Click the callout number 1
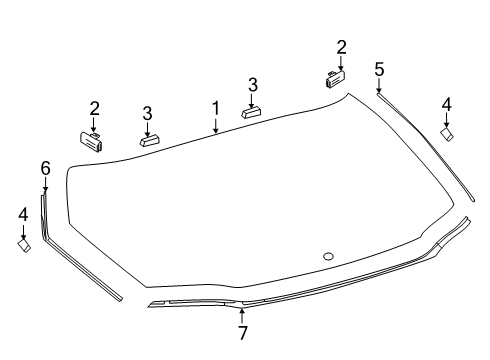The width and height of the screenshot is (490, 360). click(x=216, y=109)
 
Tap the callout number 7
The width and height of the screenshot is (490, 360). click(x=243, y=333)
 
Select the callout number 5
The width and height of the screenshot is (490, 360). click(x=379, y=69)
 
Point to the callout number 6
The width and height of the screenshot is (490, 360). click(x=46, y=168)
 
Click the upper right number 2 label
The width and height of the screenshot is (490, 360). click(x=341, y=47)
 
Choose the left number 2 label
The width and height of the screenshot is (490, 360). click(x=94, y=108)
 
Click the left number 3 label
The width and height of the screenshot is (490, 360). click(x=147, y=113)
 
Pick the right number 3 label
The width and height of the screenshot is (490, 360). click(x=253, y=85)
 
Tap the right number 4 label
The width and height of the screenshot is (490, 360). click(x=446, y=104)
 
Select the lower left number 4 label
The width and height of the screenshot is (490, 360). click(x=23, y=214)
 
